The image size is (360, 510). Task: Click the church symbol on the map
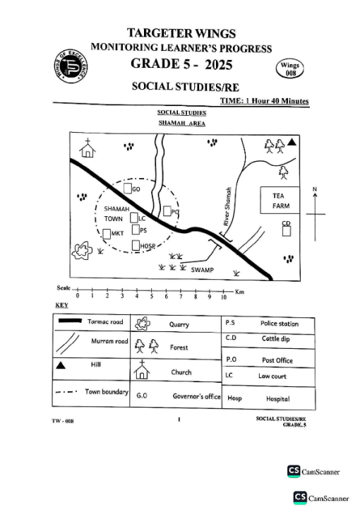(88, 148)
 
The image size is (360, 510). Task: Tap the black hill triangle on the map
(292, 142)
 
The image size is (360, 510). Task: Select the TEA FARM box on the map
(280, 200)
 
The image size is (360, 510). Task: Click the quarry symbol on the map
(82, 251)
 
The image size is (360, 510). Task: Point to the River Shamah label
(227, 206)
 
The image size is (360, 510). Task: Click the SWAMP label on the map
(202, 270)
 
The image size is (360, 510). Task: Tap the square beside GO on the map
(128, 189)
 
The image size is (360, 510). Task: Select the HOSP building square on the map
(136, 245)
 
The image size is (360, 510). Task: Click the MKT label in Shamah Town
(117, 233)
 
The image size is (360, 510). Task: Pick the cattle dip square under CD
(287, 231)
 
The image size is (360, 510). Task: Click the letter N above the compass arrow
(315, 189)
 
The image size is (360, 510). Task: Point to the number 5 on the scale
(151, 296)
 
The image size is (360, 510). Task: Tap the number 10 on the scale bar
(224, 297)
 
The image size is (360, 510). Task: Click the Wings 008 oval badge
(290, 69)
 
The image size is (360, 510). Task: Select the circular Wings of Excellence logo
(71, 66)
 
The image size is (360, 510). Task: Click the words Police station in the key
(280, 324)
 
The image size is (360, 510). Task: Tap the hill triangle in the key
(61, 365)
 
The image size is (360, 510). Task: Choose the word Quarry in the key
(179, 325)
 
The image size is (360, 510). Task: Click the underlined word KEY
(61, 305)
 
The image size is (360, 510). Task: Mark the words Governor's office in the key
(196, 396)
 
